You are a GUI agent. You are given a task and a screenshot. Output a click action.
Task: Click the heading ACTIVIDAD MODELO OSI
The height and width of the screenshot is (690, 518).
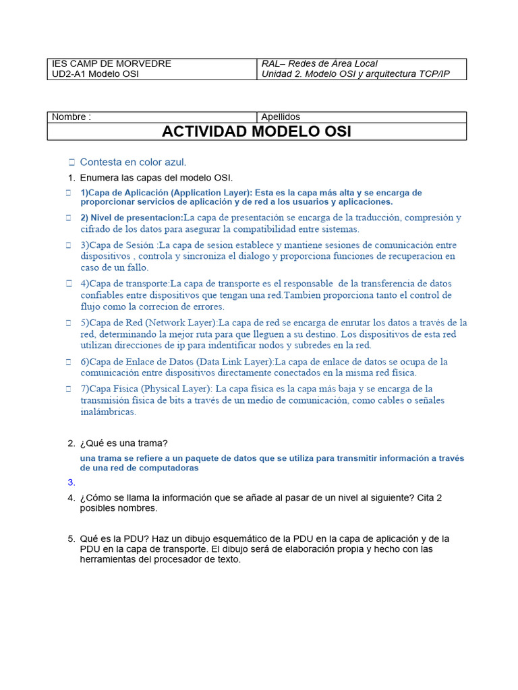tap(256, 131)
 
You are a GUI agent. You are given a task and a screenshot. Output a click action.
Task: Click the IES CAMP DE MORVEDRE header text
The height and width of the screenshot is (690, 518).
tap(111, 63)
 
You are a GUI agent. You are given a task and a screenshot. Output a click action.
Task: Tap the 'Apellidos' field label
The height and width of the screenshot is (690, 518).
tap(281, 117)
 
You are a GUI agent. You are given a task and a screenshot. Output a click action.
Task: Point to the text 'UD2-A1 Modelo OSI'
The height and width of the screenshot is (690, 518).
tap(95, 73)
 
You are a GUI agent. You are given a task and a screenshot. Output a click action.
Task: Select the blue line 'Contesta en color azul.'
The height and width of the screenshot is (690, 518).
tap(133, 162)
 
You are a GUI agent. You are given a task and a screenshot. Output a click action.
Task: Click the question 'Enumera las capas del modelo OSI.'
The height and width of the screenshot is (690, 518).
tap(156, 178)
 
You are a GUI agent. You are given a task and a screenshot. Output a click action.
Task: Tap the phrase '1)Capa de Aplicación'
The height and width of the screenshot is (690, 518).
tap(123, 193)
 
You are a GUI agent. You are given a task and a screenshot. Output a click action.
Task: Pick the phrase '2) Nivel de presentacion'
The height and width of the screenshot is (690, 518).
tap(132, 218)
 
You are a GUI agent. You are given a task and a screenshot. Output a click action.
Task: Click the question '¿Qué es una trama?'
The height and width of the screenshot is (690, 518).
tap(124, 443)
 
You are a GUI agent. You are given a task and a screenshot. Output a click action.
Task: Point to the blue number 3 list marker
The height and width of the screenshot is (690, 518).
tap(70, 482)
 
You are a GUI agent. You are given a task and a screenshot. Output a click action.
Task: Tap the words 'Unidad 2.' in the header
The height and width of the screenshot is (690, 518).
tap(281, 73)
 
